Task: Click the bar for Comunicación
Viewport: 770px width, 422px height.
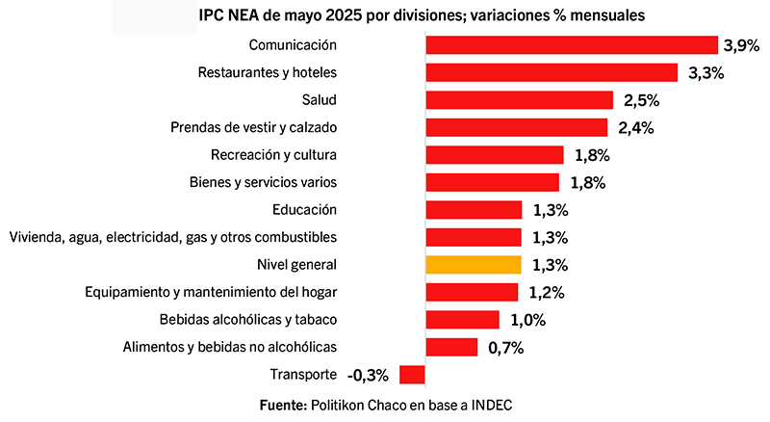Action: (x=572, y=44)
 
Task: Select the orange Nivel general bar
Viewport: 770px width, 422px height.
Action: (x=474, y=264)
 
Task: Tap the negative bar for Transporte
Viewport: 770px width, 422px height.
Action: (x=412, y=375)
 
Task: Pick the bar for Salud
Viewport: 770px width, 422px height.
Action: (x=519, y=100)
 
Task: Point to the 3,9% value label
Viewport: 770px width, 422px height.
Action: (x=742, y=44)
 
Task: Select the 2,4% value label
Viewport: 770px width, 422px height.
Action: (x=632, y=128)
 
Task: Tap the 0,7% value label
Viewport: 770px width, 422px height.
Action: (x=504, y=348)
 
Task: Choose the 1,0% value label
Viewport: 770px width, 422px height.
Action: (x=526, y=320)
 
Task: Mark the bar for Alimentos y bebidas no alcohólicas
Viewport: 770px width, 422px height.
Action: (x=451, y=348)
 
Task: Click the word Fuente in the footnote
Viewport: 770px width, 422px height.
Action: (x=283, y=405)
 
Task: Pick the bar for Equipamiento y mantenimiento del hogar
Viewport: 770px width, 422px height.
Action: (x=471, y=292)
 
